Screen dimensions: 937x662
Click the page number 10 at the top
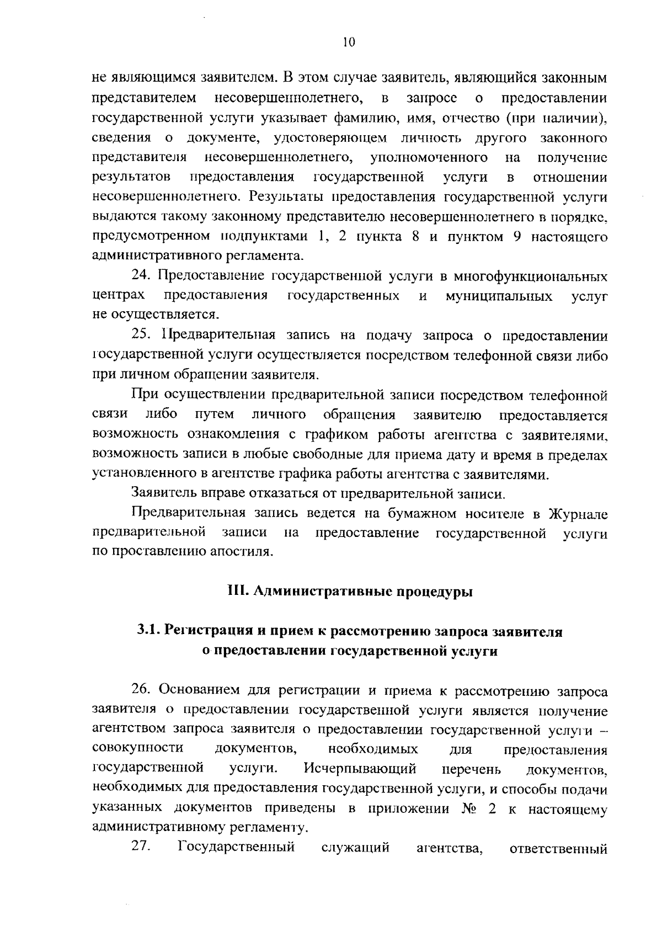click(349, 42)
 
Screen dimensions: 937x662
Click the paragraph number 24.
click(141, 276)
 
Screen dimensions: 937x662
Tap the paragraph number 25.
click(141, 335)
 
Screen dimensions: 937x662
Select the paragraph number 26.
click(141, 690)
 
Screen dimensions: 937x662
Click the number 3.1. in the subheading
click(148, 631)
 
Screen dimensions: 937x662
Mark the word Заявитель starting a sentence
click(160, 493)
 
